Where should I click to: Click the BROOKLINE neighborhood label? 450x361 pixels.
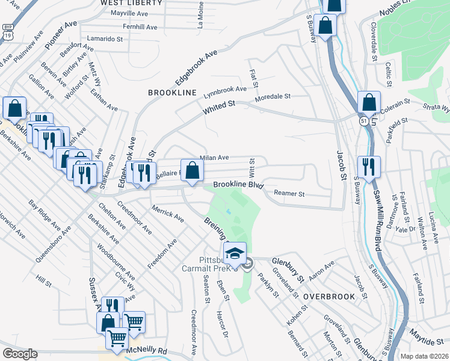tap(173, 92)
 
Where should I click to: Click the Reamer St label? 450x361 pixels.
tap(289, 194)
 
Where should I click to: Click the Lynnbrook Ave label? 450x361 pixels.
tap(225, 89)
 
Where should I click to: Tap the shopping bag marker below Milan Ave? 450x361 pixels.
tap(191, 170)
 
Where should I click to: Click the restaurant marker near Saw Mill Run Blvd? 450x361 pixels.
tap(368, 166)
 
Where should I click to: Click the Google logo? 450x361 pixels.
tap(20, 354)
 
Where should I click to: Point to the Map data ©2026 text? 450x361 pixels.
tap(425, 356)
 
